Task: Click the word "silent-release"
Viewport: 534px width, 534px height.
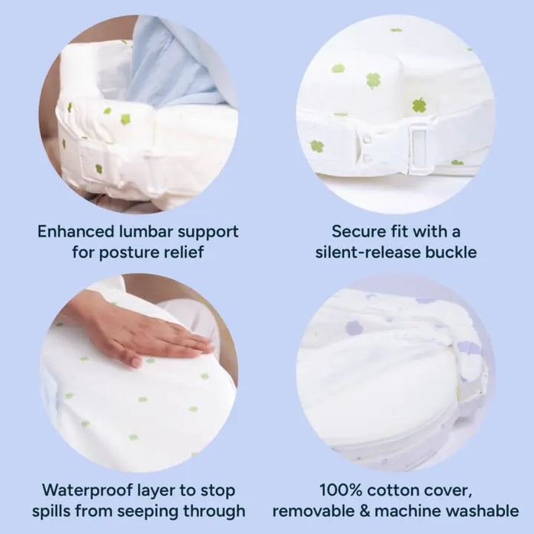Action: click(368, 253)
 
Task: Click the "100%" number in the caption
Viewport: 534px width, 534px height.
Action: click(340, 491)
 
